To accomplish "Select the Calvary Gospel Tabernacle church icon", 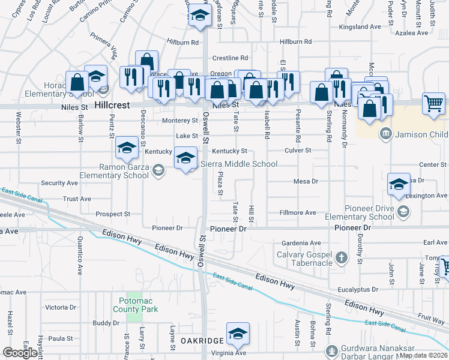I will (341, 259).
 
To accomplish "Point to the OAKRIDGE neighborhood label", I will (202, 340).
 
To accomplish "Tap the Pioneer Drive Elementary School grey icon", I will (403, 211).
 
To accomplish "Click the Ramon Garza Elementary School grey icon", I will (158, 170).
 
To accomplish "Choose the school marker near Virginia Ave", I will (238, 333).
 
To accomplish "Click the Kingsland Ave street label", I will (360, 27).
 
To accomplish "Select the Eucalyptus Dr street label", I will (359, 289).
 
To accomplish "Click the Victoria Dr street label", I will (61, 307).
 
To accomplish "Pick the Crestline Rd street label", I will (230, 58).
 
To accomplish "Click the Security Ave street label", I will (59, 183).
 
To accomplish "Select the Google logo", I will (20, 353).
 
